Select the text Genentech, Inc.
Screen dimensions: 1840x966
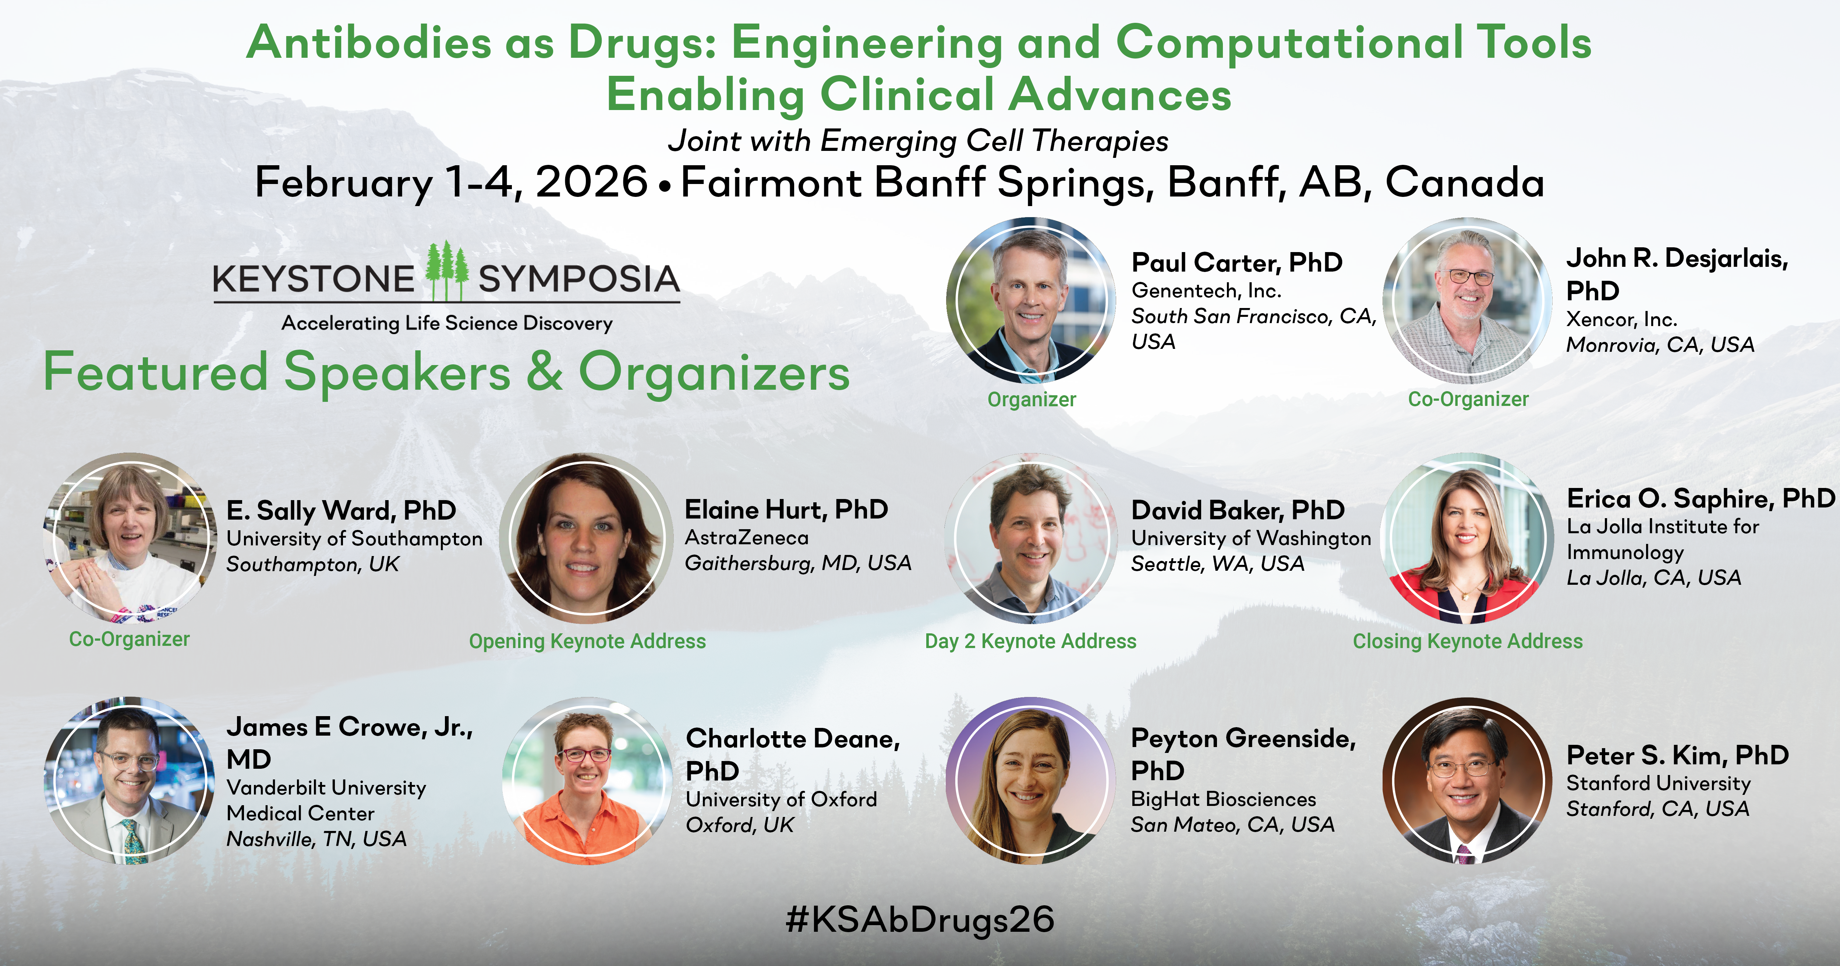point(1206,291)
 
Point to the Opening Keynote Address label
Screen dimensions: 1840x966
point(587,641)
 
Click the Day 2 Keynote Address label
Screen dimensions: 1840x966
point(1031,641)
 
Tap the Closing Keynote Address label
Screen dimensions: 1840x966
point(1468,641)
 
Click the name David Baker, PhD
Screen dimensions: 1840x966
point(1238,510)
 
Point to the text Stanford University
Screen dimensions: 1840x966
point(1659,784)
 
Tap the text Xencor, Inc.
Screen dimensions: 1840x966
point(1621,319)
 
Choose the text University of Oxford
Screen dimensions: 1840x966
point(781,800)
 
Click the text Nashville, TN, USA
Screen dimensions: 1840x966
point(316,839)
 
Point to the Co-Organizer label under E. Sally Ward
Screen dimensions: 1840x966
point(129,639)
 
